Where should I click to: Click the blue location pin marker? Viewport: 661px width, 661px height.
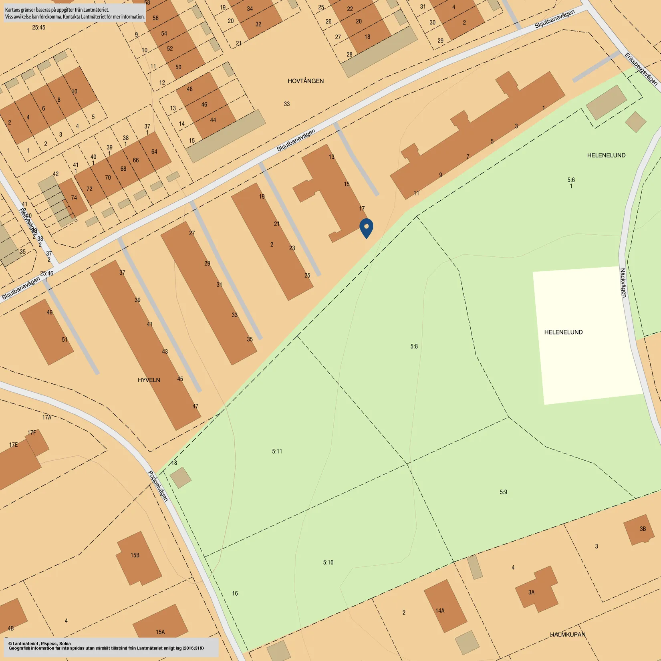click(x=366, y=228)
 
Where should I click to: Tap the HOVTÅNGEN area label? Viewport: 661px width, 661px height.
click(x=305, y=81)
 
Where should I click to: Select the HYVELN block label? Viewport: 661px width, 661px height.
click(x=149, y=380)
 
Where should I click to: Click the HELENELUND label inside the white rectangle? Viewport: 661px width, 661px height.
click(x=563, y=332)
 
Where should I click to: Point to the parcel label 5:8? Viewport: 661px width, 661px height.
click(x=414, y=346)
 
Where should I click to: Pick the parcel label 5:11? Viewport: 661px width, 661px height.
click(x=277, y=451)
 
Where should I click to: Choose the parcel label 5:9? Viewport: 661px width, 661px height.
click(x=503, y=492)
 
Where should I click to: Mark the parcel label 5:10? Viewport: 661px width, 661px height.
click(x=328, y=562)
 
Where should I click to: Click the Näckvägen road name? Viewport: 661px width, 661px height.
click(x=623, y=283)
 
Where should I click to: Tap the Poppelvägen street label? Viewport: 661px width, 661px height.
click(x=158, y=486)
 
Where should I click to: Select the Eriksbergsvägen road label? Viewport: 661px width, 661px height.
click(x=641, y=69)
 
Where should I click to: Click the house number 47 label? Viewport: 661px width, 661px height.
click(x=195, y=406)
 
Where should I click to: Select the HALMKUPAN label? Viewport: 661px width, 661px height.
click(x=567, y=635)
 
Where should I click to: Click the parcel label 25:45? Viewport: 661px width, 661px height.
click(x=38, y=28)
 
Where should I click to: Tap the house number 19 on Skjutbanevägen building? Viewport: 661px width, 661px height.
click(x=262, y=196)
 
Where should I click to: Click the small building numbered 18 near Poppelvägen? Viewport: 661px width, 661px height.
click(x=180, y=477)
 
